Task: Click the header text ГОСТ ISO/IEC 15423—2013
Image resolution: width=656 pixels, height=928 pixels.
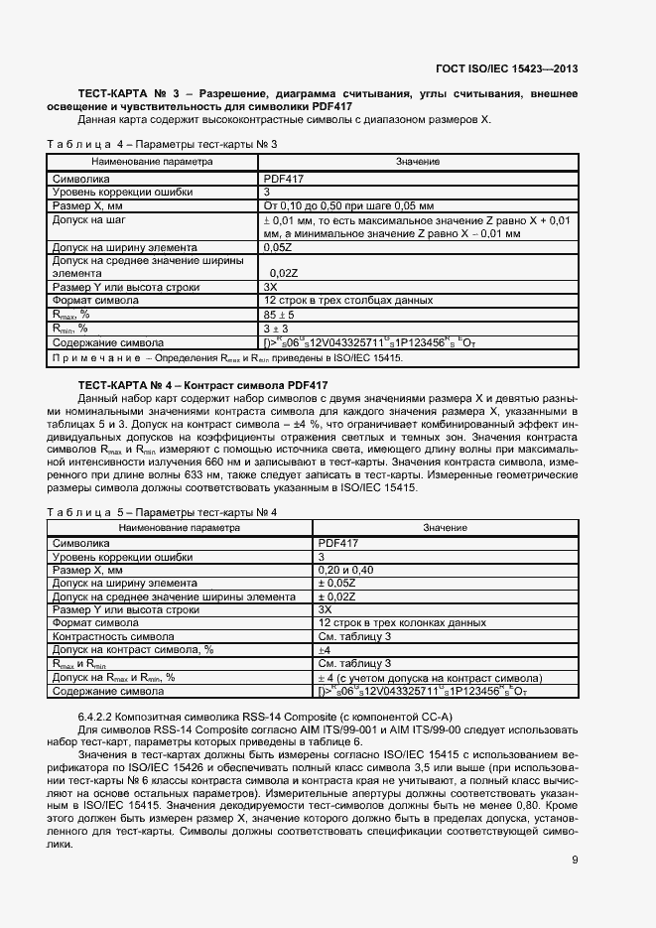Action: coord(506,68)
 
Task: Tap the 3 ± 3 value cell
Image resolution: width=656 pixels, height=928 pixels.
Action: coord(274,327)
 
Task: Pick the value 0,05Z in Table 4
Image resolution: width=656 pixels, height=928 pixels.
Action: coord(277,246)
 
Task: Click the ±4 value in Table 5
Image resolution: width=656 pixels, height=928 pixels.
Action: coord(324,650)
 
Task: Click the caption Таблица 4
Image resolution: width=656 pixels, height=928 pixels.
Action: coord(81,144)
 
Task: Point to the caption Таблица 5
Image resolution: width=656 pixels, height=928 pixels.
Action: coord(81,512)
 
